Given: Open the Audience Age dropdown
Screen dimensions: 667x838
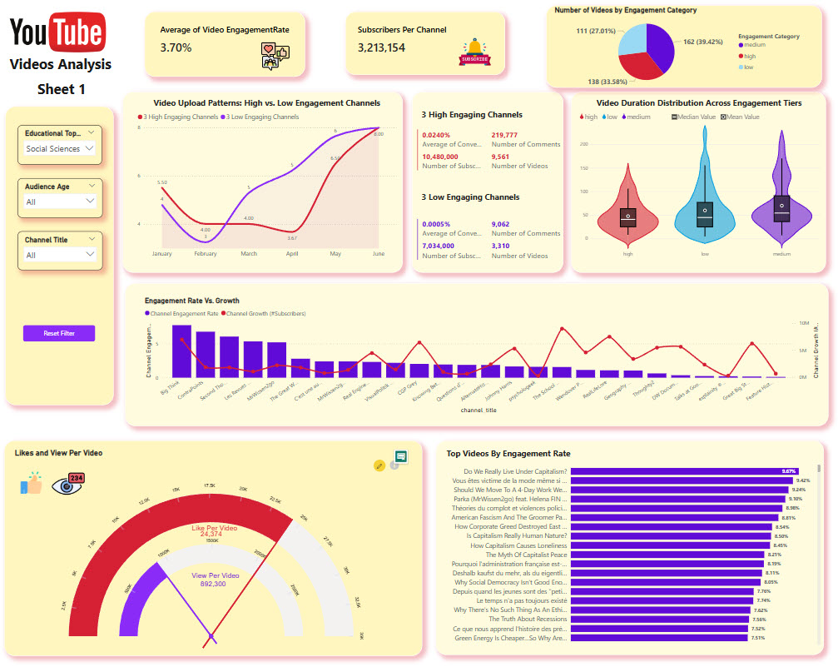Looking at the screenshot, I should point(59,202).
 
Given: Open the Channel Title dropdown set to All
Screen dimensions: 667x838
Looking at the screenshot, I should point(59,255).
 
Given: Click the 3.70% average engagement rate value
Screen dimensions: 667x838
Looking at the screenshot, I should point(176,48).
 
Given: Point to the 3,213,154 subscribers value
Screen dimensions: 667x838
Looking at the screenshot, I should point(381,48).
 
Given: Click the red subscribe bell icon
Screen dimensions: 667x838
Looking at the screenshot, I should point(475,52).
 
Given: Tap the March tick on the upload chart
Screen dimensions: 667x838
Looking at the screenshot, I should point(249,254).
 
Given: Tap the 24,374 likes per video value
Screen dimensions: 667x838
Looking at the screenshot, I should point(212,535).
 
